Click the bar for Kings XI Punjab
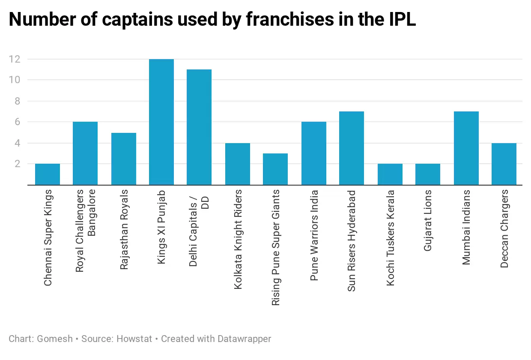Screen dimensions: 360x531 coord(161,122)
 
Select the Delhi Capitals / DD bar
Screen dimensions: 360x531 coord(199,127)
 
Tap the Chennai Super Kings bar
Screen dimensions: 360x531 coord(48,174)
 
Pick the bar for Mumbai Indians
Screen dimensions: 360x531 coord(466,148)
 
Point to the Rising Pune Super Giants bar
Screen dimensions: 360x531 coord(275,169)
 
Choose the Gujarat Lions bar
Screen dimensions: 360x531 coord(428,174)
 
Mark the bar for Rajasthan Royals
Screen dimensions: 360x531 coord(124,159)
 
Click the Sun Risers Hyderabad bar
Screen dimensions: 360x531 coord(352,148)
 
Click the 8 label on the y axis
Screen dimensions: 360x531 coord(17,101)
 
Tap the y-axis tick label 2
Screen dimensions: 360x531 coord(17,164)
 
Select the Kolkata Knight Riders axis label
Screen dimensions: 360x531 coord(238,239)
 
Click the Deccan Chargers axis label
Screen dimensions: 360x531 coord(504,228)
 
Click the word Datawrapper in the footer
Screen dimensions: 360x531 coord(245,339)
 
